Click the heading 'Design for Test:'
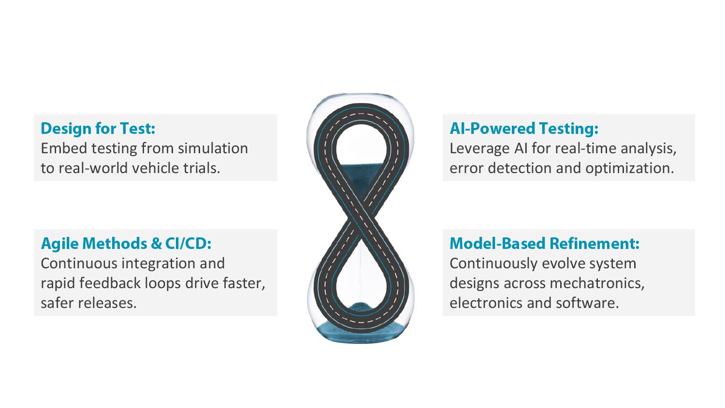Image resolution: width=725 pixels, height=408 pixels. pyautogui.click(x=98, y=129)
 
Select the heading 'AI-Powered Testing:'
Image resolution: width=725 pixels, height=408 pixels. pyautogui.click(x=524, y=129)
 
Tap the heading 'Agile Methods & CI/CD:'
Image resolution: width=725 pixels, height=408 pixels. pyautogui.click(x=126, y=244)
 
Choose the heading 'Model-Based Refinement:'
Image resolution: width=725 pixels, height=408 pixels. pyautogui.click(x=544, y=244)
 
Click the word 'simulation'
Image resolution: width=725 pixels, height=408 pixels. pyautogui.click(x=213, y=148)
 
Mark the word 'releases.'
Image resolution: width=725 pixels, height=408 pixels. pyautogui.click(x=107, y=303)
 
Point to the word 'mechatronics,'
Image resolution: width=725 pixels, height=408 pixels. pyautogui.click(x=597, y=283)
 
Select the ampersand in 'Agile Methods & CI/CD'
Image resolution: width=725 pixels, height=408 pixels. pyautogui.click(x=156, y=244)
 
